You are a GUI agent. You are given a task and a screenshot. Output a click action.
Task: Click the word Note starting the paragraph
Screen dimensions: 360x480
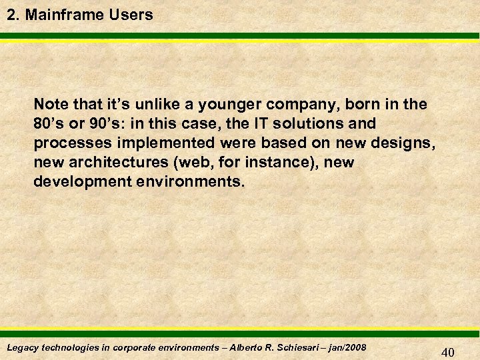49,105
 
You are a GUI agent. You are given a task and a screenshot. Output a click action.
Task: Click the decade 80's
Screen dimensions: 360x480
49,124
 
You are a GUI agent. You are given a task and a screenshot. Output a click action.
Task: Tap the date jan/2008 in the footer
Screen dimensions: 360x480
344,347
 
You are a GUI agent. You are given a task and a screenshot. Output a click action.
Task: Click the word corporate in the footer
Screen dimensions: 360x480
138,347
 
